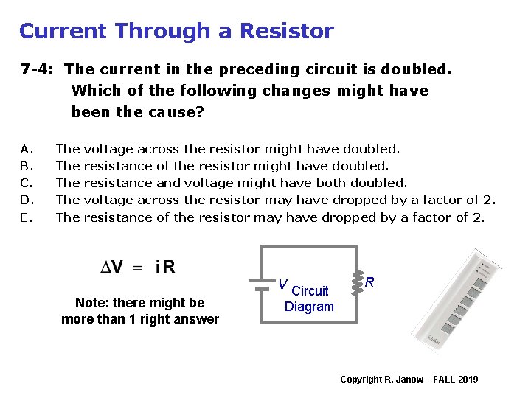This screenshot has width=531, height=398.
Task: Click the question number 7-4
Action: [x=38, y=70]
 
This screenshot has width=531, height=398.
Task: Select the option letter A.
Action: [x=25, y=149]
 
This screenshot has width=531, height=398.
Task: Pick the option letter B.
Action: [x=25, y=166]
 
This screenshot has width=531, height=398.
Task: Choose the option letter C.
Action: [x=25, y=183]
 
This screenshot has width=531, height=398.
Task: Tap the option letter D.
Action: [x=26, y=200]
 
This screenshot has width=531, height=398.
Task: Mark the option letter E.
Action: [x=25, y=217]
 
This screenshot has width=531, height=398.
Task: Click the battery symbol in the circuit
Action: [x=260, y=284]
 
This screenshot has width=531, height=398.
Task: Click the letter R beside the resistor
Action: [x=369, y=282]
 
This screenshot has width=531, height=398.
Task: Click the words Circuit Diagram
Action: [x=310, y=298]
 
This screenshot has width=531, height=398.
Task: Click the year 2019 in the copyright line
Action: [x=468, y=379]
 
